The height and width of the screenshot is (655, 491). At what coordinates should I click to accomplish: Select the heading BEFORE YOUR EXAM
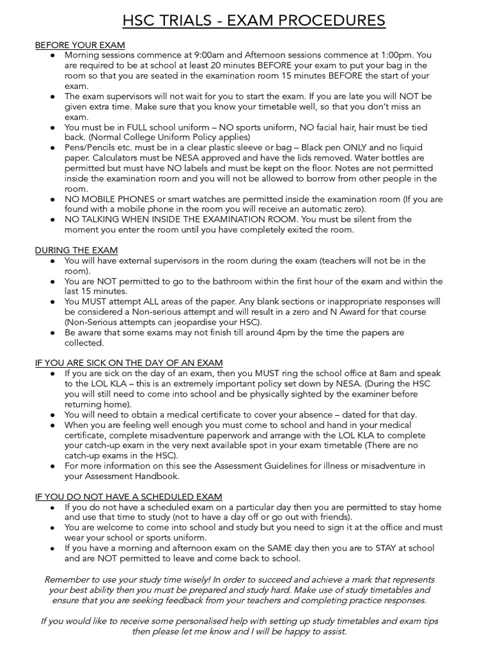[x=80, y=45]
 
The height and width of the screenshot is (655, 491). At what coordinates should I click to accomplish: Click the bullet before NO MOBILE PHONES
[x=52, y=199]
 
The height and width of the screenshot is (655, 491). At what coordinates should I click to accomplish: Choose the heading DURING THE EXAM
[x=76, y=250]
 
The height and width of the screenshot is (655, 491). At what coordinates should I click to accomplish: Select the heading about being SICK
[x=129, y=363]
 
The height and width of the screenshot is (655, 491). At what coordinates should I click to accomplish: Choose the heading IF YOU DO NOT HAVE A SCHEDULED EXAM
[x=129, y=496]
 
